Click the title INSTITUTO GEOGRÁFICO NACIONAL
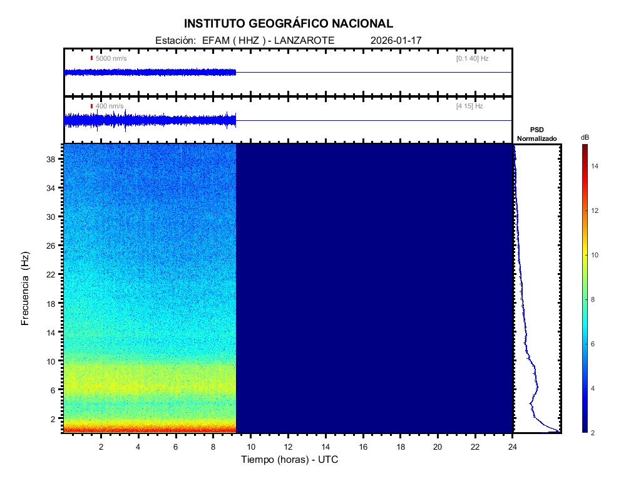[289, 24]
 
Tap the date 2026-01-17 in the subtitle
[396, 40]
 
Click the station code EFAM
[215, 40]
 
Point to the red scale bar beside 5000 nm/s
[91, 58]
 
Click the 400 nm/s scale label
[110, 106]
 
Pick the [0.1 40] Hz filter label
[472, 58]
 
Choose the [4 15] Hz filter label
[469, 106]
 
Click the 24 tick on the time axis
[513, 447]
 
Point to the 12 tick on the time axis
[288, 447]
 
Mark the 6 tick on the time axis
[176, 447]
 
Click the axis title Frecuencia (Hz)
[26, 289]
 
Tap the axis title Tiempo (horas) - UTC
[290, 460]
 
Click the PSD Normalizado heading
[536, 134]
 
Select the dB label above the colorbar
[585, 137]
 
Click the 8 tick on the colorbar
[595, 300]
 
